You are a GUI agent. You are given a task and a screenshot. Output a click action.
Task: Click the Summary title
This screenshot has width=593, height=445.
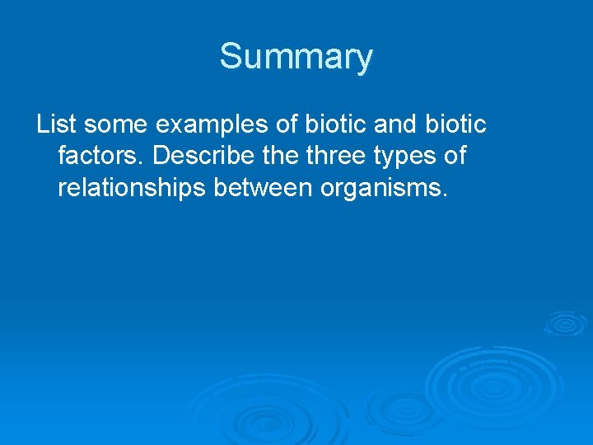pos(296,57)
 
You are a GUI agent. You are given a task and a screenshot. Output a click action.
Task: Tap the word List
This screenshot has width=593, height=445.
pos(56,124)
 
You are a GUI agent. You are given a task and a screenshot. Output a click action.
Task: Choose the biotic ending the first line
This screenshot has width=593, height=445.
pos(455,124)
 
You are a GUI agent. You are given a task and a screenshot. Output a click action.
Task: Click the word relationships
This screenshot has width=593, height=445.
pos(132,189)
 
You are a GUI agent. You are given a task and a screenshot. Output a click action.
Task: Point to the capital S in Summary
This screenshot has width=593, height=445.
pos(231,57)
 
